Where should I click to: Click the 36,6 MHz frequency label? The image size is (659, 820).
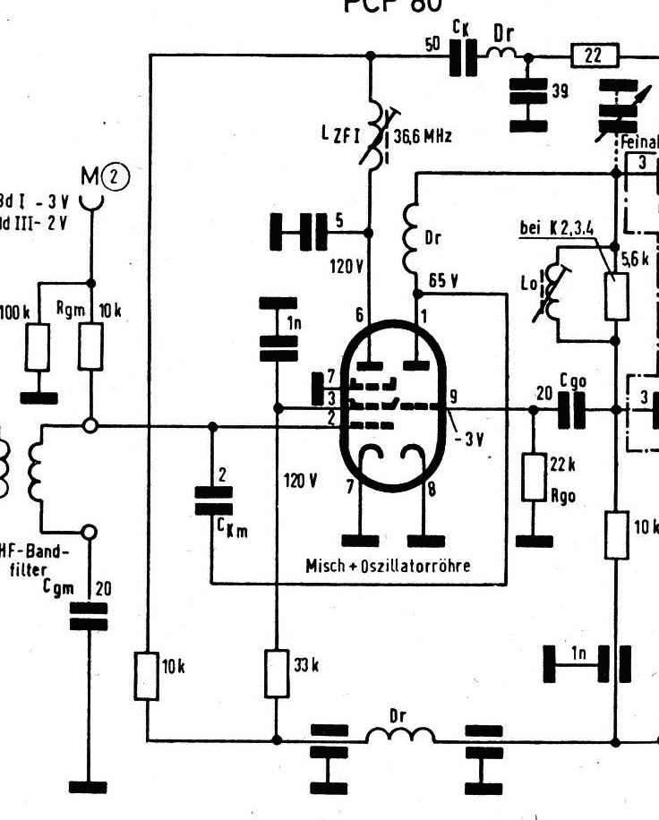pos(423,137)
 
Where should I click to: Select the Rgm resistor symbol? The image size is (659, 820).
pos(90,346)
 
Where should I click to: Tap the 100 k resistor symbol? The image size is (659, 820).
pos(37,346)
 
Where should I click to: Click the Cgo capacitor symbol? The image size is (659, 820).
pos(571,410)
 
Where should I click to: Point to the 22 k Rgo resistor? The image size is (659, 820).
pos(534,477)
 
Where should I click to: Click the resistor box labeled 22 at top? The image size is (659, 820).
pos(592,56)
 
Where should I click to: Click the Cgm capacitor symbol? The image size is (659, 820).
pos(89,617)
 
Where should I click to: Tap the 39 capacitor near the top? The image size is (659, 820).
pos(527,92)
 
